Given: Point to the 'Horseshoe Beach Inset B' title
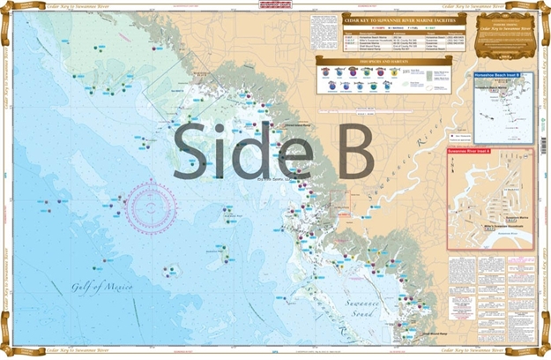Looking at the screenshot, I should (x=499, y=76).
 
